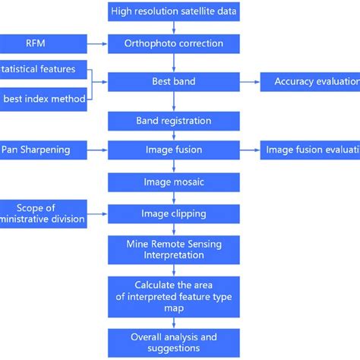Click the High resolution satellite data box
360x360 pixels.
click(x=174, y=11)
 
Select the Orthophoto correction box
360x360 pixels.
click(x=174, y=43)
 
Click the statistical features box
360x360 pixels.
click(x=43, y=69)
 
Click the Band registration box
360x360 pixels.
click(x=174, y=121)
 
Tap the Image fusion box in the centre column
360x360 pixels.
click(x=174, y=150)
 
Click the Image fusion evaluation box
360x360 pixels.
click(x=310, y=150)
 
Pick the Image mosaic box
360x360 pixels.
click(x=174, y=182)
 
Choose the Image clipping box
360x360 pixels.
click(x=174, y=214)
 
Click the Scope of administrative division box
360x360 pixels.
click(x=43, y=213)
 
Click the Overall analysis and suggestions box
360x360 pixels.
click(x=174, y=342)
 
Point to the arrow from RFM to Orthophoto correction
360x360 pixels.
click(x=97, y=43)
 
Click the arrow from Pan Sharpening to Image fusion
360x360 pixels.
click(x=97, y=150)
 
